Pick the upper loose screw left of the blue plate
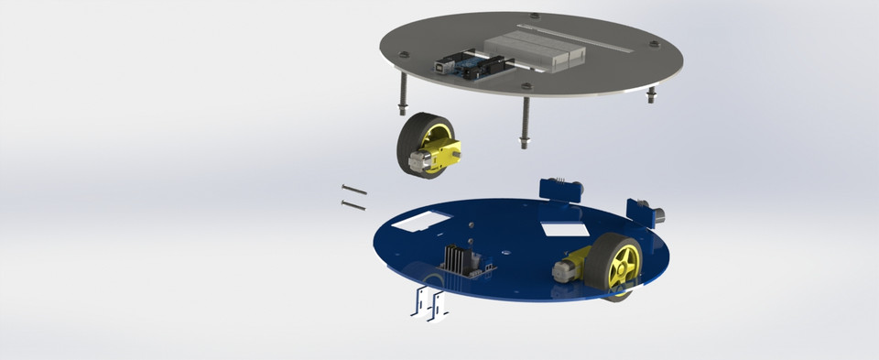pos(353,191)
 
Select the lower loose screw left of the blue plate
pos(353,204)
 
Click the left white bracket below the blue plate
pos(420,303)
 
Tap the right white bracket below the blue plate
pos(439,305)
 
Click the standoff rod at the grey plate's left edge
pos(401,93)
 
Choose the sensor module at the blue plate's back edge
pos(559,189)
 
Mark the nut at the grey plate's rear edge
pos(535,16)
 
